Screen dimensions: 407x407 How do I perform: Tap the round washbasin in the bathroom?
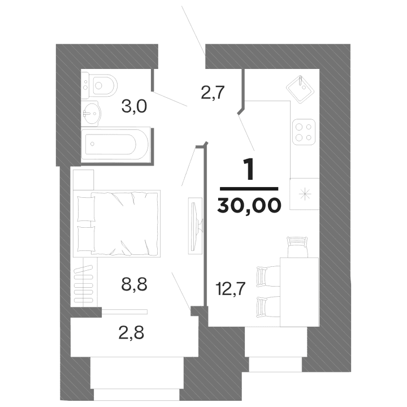pyautogui.click(x=90, y=112)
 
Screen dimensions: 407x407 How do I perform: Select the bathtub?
pyautogui.click(x=116, y=145)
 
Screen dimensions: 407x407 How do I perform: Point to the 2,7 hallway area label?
pyautogui.click(x=214, y=92)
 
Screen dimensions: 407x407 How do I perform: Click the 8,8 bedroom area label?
pyautogui.click(x=135, y=283)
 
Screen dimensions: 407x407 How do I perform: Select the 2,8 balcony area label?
pyautogui.click(x=131, y=332)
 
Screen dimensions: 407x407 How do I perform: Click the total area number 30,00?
pyautogui.click(x=249, y=205)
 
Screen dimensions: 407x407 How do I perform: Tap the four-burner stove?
pyautogui.click(x=304, y=132)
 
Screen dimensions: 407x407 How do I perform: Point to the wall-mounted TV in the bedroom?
pyautogui.click(x=194, y=224)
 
